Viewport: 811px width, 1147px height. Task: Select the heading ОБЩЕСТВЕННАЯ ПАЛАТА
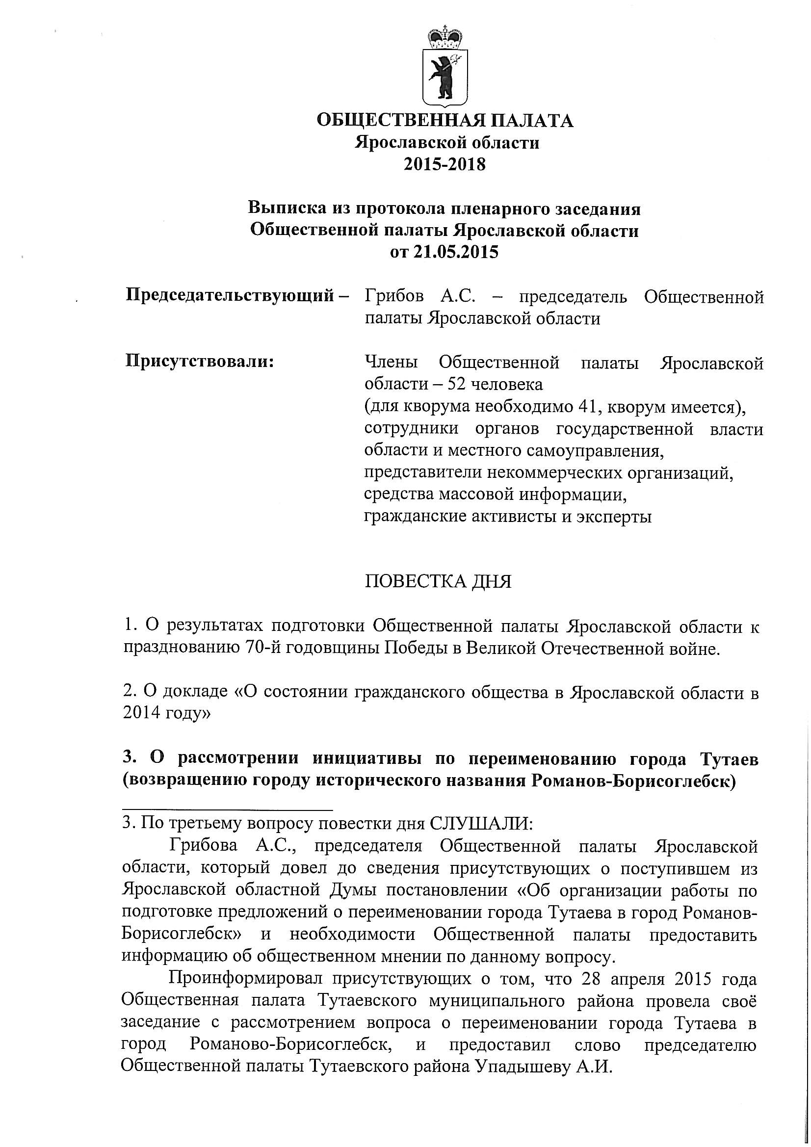click(445, 121)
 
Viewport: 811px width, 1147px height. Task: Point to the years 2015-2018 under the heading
click(445, 164)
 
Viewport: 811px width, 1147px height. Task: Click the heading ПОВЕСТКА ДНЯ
click(438, 581)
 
